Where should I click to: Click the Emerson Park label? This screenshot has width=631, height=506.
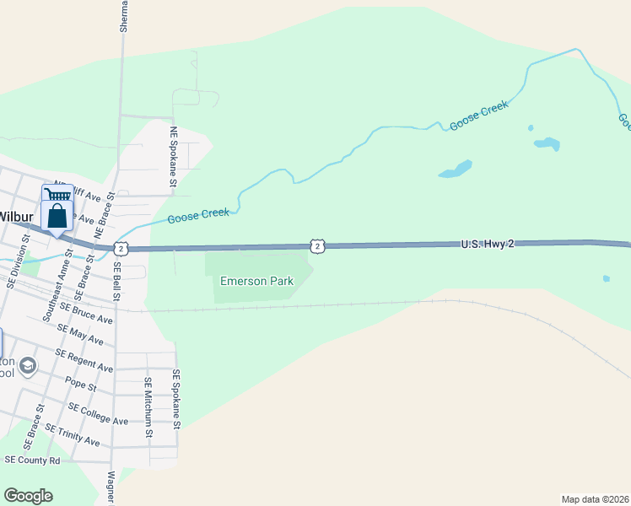256,281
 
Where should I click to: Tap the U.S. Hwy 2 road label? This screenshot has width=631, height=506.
487,244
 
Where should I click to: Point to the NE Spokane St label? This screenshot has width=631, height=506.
174,157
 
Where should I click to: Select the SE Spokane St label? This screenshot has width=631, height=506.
177,399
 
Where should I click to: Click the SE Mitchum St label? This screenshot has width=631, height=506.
148,406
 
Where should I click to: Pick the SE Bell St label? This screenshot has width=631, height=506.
117,282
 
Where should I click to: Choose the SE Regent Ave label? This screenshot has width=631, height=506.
84,361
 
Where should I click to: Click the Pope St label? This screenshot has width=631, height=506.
80,385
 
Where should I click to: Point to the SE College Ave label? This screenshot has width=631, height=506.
98,414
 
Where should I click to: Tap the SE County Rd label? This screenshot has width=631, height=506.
32,460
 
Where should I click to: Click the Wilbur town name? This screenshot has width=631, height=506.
14,216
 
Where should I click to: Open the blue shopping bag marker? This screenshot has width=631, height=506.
57,218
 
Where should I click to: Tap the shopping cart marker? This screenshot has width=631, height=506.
57,196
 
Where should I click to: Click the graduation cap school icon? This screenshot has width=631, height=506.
28,365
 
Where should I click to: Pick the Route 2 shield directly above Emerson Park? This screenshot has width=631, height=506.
316,245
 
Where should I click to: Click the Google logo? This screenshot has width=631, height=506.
28,495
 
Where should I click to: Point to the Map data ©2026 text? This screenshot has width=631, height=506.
594,498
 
